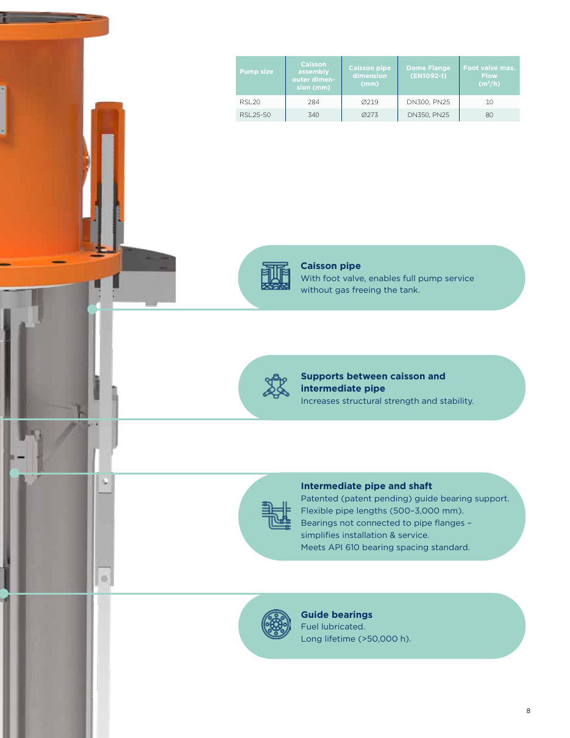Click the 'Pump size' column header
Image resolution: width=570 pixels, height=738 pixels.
pos(256,71)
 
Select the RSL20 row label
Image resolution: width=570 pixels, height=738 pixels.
pos(249,102)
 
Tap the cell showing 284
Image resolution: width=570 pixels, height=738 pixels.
pos(313,102)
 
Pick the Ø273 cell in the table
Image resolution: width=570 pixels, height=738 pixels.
pos(369,115)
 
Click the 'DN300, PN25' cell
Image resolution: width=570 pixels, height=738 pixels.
pos(428,102)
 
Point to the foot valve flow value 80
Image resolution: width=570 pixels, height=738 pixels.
pos(489,115)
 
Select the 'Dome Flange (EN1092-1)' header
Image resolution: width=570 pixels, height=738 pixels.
pos(428,71)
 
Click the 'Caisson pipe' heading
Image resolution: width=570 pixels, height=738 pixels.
pos(330,265)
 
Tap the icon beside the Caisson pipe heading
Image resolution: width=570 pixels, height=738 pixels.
pos(276,276)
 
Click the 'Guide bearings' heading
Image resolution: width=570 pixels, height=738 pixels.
pos(337,614)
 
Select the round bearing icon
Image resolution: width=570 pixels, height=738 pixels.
pos(276,624)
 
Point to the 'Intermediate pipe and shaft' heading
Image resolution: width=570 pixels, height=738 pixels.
pos(366,485)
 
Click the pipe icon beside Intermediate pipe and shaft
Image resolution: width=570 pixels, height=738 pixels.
pos(276,515)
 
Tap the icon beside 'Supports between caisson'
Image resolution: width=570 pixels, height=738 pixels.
pos(276,386)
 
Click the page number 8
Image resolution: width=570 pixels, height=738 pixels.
pos(529,711)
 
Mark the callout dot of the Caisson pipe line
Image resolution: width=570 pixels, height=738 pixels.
pos(92,309)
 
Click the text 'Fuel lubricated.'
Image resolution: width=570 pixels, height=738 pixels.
pos(333,626)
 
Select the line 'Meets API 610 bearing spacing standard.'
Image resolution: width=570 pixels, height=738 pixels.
pos(385,547)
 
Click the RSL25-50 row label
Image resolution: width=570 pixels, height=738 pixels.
pos(255,115)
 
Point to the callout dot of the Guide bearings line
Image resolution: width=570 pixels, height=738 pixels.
pos(4,593)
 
